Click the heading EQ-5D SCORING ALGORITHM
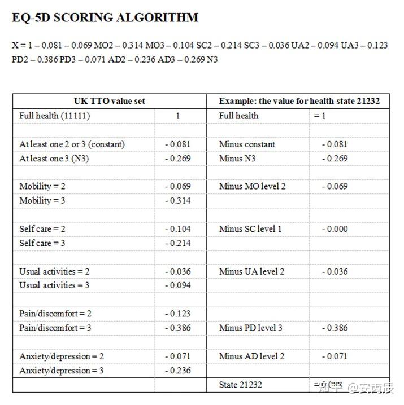[x=105, y=17]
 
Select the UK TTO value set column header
[x=110, y=101]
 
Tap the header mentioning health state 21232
[x=299, y=101]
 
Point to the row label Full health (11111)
[x=55, y=116]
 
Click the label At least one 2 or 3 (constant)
[x=72, y=144]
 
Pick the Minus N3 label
[x=237, y=159]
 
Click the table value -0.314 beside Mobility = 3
[x=178, y=201]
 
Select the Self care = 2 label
[x=42, y=229]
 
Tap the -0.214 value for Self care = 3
[x=178, y=243]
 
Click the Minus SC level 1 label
[x=250, y=229]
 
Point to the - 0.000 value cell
[x=335, y=229]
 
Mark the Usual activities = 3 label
[x=54, y=285]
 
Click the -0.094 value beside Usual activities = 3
[x=178, y=285]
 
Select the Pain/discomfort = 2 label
[x=55, y=314]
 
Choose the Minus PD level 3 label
[x=251, y=328]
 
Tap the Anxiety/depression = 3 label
[x=62, y=371]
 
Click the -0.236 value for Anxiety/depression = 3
[x=178, y=371]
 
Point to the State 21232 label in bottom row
[x=241, y=385]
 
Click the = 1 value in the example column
[x=320, y=116]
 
